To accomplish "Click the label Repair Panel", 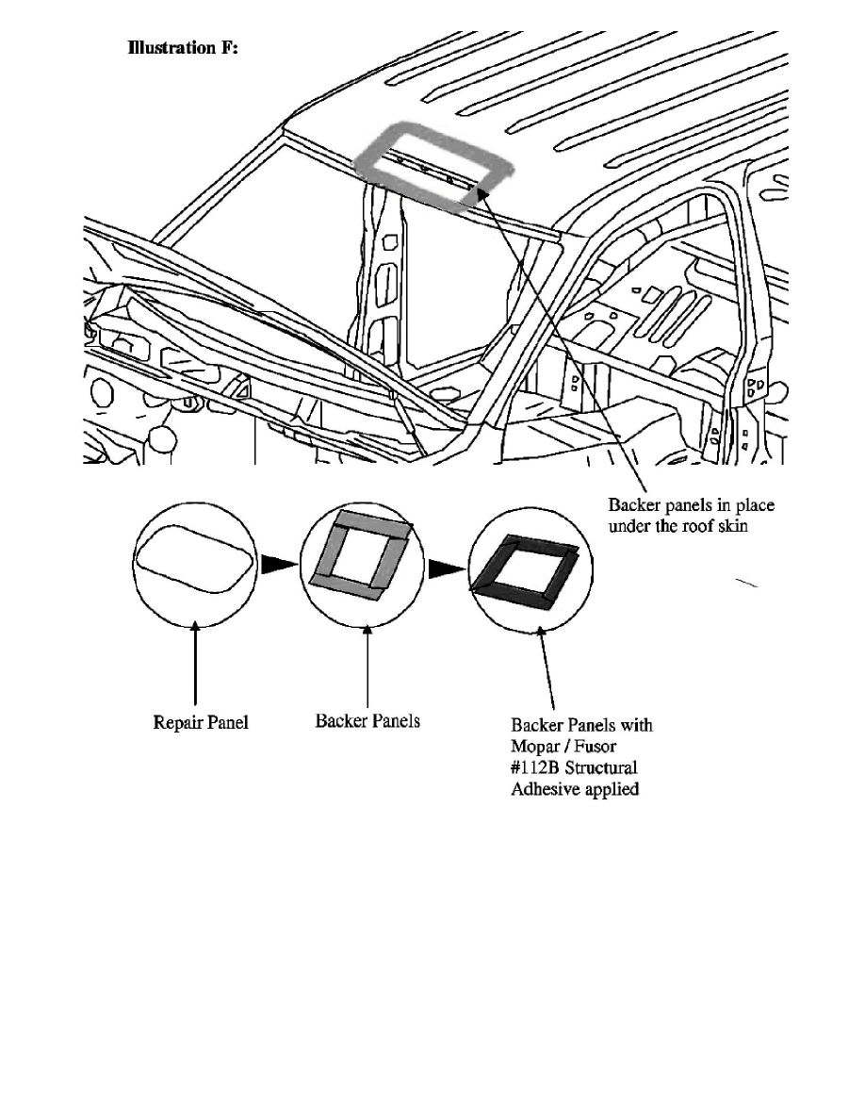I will tap(201, 723).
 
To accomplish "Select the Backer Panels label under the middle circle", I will tap(367, 721).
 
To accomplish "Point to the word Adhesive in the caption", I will tap(543, 789).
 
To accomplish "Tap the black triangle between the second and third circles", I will tap(442, 568).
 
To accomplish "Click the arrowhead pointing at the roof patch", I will tap(482, 191).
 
